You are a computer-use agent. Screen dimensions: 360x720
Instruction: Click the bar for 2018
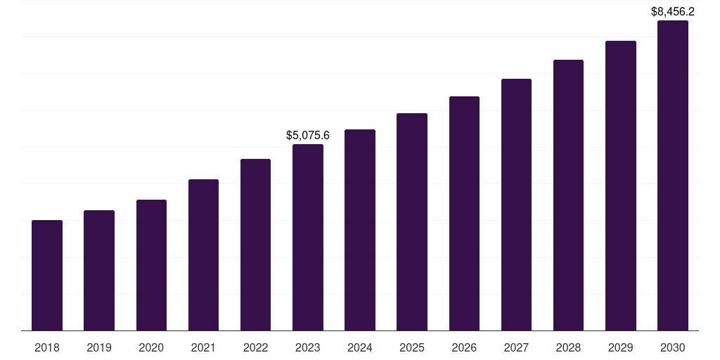click(x=47, y=275)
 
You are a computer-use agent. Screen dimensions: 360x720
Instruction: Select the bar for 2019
click(x=99, y=270)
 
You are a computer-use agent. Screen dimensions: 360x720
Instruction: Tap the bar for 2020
click(x=151, y=265)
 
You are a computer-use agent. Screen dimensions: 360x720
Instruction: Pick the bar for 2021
click(x=203, y=255)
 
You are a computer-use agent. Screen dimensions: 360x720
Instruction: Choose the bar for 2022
click(x=255, y=245)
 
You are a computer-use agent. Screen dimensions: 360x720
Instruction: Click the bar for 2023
click(x=308, y=237)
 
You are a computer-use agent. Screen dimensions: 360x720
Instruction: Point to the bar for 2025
click(x=412, y=221)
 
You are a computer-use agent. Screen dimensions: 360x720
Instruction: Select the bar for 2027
click(x=516, y=205)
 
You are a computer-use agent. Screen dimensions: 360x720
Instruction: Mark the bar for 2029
click(x=621, y=186)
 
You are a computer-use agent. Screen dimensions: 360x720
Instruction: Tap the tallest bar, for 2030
click(x=673, y=175)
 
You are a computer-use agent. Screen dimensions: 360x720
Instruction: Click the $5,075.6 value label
click(x=308, y=135)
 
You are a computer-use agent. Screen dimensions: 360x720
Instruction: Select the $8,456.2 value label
click(x=673, y=11)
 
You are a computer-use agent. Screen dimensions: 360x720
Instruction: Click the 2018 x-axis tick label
click(x=47, y=347)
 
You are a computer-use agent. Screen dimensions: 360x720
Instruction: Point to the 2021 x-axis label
click(x=203, y=347)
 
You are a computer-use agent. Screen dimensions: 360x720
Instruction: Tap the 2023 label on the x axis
click(x=308, y=347)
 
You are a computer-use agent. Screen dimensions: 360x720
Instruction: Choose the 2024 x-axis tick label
click(x=360, y=347)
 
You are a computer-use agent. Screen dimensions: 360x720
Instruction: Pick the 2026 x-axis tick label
click(x=464, y=347)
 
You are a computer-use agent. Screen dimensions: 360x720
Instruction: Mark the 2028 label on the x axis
click(x=568, y=347)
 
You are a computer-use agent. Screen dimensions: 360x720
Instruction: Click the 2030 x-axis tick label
click(x=673, y=347)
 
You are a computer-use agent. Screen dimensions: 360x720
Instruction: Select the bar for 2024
click(x=360, y=230)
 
